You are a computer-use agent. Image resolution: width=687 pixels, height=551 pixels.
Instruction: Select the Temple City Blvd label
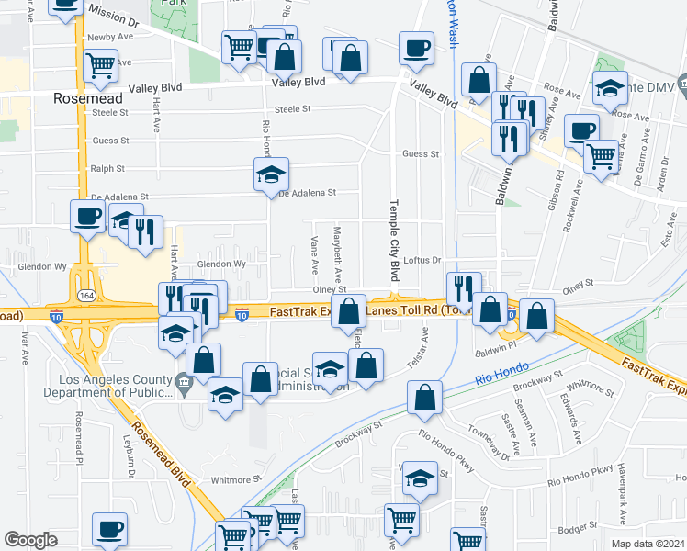point(395,241)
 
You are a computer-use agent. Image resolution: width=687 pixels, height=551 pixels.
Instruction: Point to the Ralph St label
point(107,169)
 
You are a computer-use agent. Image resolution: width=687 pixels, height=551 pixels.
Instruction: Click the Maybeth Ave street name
point(338,253)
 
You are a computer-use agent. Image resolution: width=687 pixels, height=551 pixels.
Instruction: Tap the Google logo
point(30,540)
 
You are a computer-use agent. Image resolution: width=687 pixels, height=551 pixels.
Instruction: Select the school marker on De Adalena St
point(272,177)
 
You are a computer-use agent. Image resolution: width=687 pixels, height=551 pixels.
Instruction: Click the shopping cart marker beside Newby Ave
point(100,65)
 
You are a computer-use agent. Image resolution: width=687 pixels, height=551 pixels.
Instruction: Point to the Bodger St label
point(577,530)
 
